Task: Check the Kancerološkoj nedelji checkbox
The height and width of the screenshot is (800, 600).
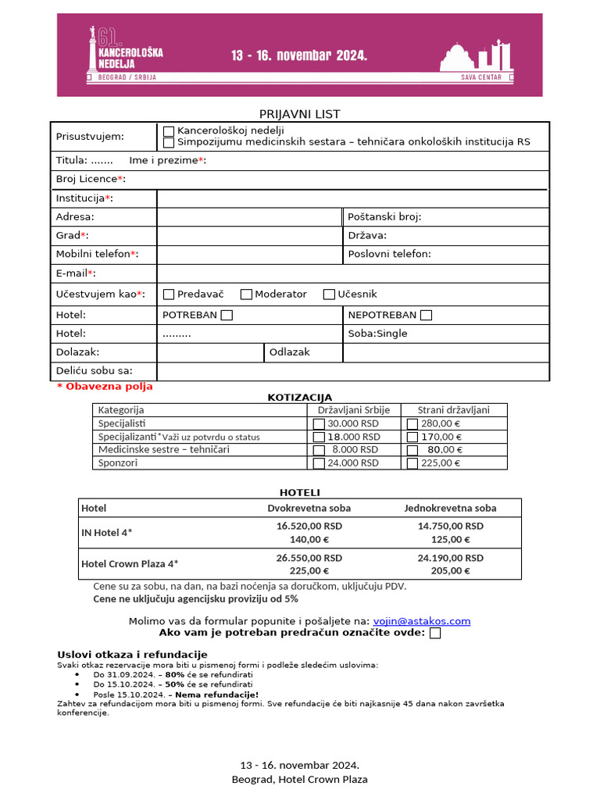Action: (169, 131)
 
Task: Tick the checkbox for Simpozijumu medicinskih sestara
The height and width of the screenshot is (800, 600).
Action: (169, 142)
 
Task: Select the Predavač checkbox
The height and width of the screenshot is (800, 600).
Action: (169, 295)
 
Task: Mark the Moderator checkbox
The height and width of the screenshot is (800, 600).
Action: (246, 295)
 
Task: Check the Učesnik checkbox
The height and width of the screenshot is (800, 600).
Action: (329, 295)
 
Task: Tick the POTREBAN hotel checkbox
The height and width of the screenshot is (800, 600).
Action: (227, 316)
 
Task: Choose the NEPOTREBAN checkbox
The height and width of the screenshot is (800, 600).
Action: (426, 316)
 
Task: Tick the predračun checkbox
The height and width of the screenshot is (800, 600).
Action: (435, 634)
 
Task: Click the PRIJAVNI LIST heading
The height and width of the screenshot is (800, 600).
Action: (299, 114)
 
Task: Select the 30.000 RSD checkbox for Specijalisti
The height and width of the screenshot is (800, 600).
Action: (319, 423)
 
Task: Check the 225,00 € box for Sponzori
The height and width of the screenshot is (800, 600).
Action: (412, 463)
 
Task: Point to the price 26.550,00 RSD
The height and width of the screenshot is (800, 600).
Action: (309, 558)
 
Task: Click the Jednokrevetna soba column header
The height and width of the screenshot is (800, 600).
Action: (450, 508)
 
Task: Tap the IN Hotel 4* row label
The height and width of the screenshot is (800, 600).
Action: (107, 533)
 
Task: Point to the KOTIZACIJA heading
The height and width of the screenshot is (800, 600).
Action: (300, 398)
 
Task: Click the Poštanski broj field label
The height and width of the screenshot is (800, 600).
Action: (384, 216)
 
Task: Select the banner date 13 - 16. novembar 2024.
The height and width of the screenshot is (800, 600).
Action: (299, 55)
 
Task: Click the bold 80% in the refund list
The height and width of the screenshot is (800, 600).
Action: (174, 673)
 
